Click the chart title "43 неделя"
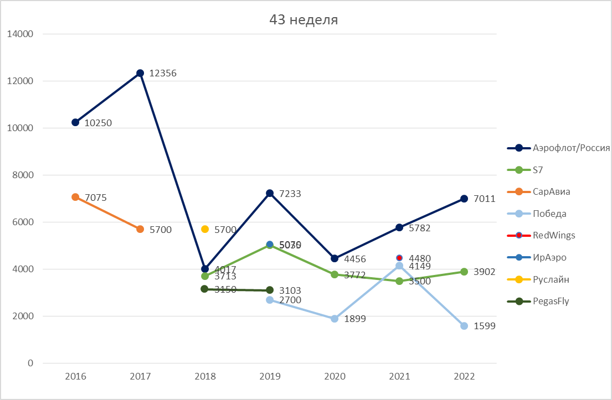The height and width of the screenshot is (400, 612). click(304, 20)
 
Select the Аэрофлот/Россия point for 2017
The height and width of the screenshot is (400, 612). click(140, 73)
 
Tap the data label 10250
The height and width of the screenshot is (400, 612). click(98, 123)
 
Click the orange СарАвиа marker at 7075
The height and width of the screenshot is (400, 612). click(75, 197)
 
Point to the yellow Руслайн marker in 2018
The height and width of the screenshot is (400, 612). click(205, 229)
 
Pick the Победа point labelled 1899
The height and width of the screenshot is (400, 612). click(335, 319)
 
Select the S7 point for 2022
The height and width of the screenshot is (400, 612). click(464, 272)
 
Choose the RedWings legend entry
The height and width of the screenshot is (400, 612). click(554, 235)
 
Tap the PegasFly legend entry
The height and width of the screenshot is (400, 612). click(551, 302)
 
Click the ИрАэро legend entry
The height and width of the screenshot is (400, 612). click(549, 257)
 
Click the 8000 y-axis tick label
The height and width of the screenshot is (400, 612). click(23, 175)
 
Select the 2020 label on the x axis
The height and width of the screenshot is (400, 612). click(335, 377)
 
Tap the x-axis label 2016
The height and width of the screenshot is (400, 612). click(75, 377)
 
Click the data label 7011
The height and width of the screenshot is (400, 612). click(484, 199)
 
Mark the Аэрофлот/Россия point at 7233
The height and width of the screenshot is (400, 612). click(270, 193)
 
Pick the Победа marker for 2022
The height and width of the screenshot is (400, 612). click(464, 326)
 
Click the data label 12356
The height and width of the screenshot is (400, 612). click(163, 73)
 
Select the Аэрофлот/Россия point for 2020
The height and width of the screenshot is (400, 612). click(335, 258)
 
